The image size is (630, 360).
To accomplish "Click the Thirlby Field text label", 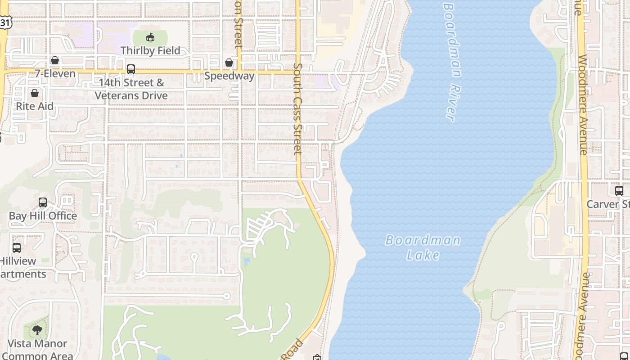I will click(x=150, y=50).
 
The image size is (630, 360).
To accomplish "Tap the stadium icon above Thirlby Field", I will click(x=150, y=37).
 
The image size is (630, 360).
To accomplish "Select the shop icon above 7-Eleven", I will click(x=55, y=60).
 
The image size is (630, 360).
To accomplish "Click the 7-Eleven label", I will click(x=55, y=73).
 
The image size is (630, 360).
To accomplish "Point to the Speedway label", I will click(x=229, y=76).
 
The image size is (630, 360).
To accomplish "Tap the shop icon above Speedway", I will click(x=229, y=63).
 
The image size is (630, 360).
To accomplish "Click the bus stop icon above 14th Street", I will click(x=131, y=69).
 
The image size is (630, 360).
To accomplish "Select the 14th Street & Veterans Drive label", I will click(x=131, y=89).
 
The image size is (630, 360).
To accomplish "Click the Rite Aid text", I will click(x=35, y=106).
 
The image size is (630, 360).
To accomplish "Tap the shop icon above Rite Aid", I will click(x=35, y=93).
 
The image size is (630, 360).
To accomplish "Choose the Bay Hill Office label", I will click(x=43, y=216).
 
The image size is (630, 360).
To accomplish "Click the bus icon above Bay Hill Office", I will click(x=43, y=202).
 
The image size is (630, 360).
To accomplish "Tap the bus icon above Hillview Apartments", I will click(x=17, y=248).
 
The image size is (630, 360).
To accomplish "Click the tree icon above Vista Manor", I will click(x=37, y=331).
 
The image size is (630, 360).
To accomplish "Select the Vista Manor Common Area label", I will click(x=37, y=350).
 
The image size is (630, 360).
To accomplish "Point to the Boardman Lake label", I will click(x=423, y=247).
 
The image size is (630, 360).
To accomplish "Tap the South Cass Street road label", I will click(x=297, y=108).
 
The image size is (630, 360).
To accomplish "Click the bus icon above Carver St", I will click(x=619, y=191).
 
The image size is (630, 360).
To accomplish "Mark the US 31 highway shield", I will click(x=4, y=22).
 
